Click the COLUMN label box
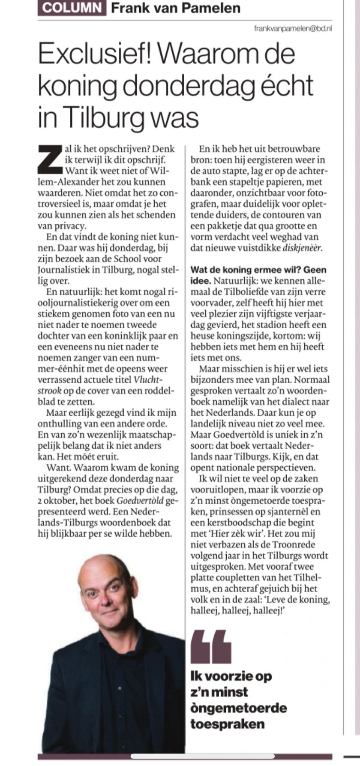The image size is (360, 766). pos(72,8)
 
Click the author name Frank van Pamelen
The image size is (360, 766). pos(176,8)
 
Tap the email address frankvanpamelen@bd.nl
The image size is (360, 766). pos(293,29)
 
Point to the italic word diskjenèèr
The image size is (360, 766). pos(302,248)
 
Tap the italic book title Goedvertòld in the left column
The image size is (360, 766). pos(140,501)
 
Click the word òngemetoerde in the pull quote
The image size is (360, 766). pos(239,708)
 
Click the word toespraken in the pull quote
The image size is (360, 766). pos(228,724)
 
